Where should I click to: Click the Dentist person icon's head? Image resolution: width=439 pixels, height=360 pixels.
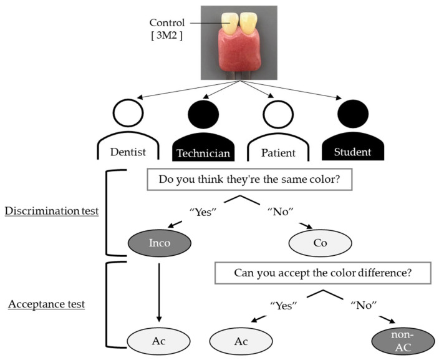(128, 100)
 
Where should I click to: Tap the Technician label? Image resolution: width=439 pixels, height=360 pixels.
(203, 153)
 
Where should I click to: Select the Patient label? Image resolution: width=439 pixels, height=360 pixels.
(278, 153)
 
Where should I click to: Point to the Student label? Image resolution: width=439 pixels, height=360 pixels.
(352, 152)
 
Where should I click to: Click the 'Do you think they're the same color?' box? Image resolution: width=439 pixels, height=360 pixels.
(249, 179)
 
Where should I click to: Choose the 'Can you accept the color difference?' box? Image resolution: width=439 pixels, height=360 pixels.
(323, 273)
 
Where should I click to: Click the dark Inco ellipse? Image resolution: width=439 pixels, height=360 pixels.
(159, 243)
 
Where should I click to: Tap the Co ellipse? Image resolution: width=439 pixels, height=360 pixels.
(320, 243)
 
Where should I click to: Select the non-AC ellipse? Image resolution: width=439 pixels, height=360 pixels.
(403, 341)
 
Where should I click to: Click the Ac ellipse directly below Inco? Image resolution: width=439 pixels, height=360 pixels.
(158, 341)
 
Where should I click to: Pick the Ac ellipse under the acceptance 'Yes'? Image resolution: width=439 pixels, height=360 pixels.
(241, 341)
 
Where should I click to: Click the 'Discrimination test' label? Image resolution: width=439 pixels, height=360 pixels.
(52, 211)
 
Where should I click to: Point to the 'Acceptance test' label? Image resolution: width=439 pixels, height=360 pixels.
(47, 304)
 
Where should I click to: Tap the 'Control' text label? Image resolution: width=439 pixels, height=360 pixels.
(167, 22)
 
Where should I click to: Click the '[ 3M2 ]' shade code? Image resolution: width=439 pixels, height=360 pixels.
(167, 36)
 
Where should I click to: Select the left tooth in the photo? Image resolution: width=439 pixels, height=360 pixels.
(229, 24)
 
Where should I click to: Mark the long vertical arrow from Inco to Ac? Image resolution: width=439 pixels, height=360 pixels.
(159, 293)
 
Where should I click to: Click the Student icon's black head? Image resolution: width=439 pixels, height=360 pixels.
(353, 114)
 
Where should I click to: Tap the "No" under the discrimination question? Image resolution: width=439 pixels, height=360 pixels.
(281, 212)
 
